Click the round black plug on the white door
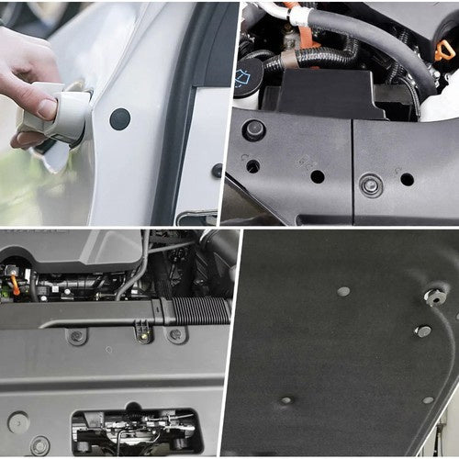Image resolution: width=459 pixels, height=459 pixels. pos(119,118)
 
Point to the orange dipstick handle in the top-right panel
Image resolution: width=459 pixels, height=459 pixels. pos(445,49)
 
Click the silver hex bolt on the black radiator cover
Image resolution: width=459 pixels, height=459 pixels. pos(371,186)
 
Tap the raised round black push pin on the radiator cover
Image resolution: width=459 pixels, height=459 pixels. pos(254,130)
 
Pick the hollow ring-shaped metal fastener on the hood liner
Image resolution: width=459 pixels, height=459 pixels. pos(434,297)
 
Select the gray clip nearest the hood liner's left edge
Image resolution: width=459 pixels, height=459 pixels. pos(342,292)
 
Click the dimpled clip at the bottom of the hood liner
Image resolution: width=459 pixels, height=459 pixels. pos(287,400)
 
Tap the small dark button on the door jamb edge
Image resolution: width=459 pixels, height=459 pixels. pos(217,170)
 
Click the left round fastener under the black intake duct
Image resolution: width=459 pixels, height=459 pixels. pos(77,336)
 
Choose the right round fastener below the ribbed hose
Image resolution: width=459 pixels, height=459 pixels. pos(174,335)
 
